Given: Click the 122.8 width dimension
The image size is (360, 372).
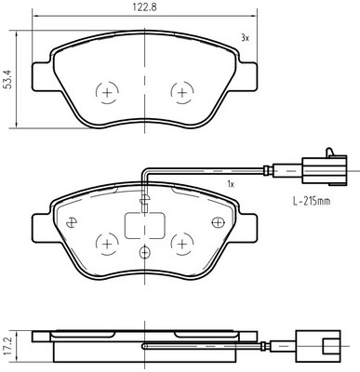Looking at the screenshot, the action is tap(145, 7).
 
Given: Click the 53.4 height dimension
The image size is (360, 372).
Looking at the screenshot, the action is tap(8, 80).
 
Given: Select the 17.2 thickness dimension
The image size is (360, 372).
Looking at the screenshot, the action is tap(8, 347).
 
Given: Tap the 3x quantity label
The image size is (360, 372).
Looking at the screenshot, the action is tap(245, 38).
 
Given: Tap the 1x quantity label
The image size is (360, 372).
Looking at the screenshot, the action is tap(231, 184).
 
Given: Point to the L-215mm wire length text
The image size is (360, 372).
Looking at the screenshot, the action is tap(312, 202).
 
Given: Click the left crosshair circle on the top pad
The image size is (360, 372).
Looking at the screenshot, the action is tap(107, 93).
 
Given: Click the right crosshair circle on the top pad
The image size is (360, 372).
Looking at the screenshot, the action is tap(182, 93).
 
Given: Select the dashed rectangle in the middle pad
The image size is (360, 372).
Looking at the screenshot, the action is tap(144, 226).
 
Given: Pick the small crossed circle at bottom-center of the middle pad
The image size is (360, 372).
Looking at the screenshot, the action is tap(144, 252).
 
